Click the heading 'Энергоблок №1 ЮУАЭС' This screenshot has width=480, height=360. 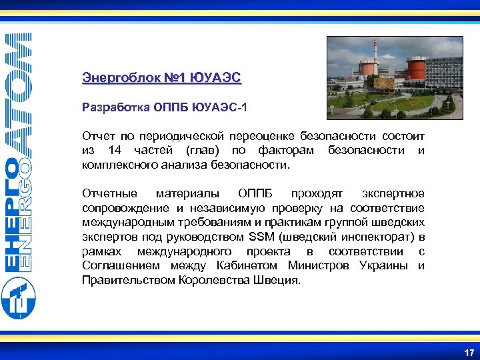point(161,78)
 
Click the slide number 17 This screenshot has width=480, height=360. point(469,352)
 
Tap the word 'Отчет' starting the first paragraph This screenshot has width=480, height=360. point(97,137)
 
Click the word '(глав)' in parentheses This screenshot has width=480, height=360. point(206,151)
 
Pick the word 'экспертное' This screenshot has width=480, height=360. point(393,194)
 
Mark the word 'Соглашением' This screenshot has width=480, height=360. point(117,266)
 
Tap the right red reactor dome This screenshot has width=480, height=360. point(415,69)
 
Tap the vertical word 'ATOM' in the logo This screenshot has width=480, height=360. point(19,79)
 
